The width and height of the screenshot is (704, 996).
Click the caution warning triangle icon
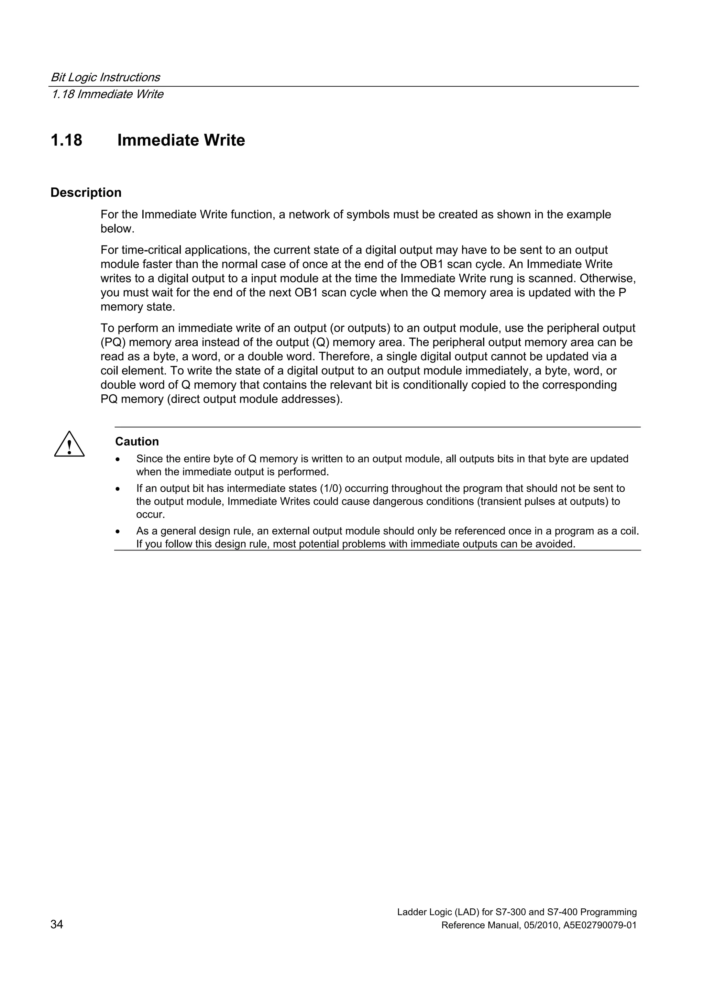(69, 445)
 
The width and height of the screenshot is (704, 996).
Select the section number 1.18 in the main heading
(66, 140)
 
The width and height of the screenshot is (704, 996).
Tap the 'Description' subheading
(86, 193)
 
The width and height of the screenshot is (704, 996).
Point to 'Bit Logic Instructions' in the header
(106, 77)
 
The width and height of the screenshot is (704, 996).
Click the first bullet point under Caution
(118, 459)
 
